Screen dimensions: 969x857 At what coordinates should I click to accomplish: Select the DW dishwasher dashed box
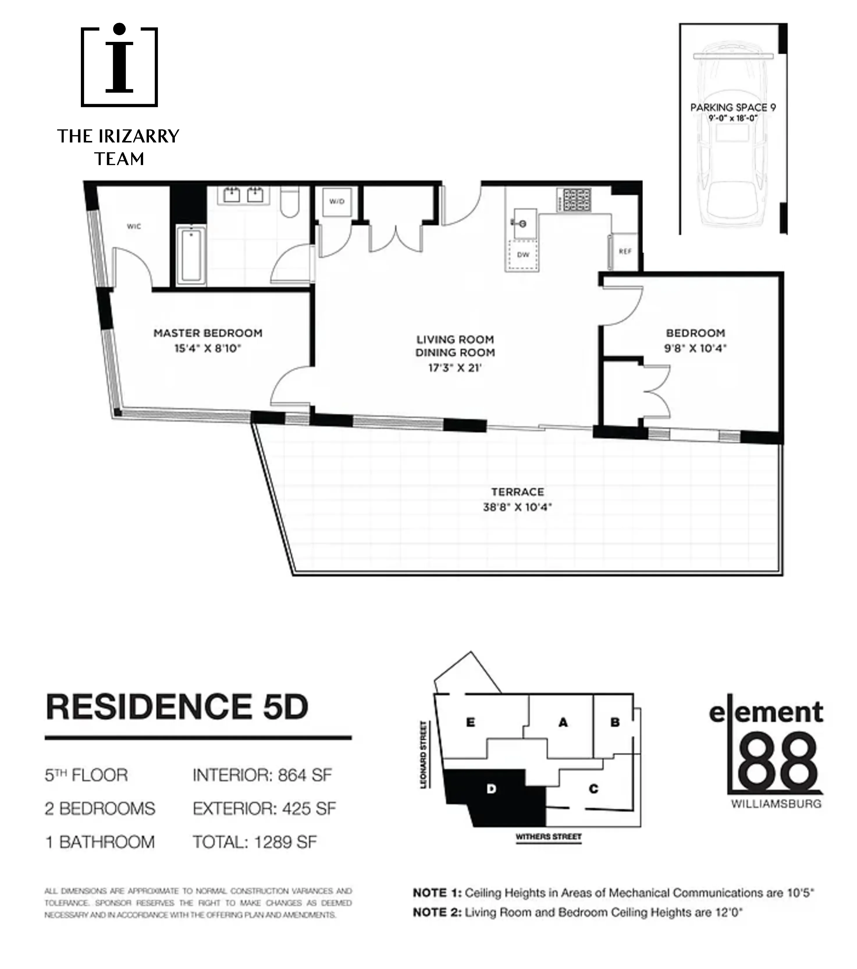(x=523, y=255)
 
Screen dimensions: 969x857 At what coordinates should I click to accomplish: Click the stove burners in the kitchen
(x=574, y=199)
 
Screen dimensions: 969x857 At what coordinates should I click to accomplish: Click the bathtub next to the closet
(x=191, y=256)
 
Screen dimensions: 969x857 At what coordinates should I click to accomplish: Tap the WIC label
(x=134, y=226)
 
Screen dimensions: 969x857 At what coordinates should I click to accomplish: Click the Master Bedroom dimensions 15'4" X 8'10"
(x=208, y=349)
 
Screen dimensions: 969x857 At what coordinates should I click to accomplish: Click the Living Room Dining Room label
(x=455, y=346)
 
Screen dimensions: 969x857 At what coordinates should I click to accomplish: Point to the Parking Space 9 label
(x=733, y=108)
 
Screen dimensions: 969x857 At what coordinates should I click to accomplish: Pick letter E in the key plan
(x=470, y=722)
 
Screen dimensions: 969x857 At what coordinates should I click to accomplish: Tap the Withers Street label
(x=548, y=837)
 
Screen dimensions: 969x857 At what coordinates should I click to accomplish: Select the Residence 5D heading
(x=177, y=707)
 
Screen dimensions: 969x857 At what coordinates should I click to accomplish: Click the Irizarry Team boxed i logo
(x=119, y=66)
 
